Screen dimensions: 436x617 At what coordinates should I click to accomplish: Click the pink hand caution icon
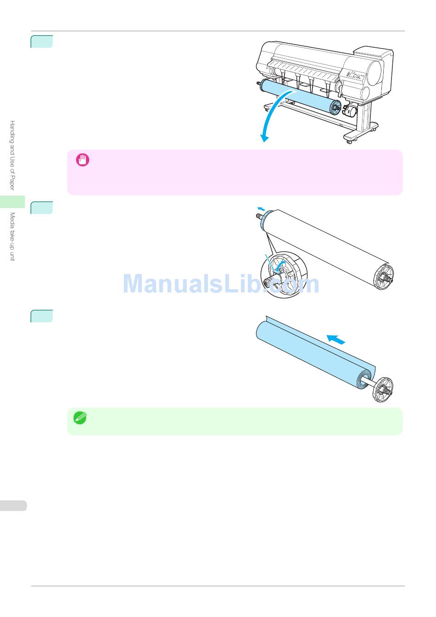click(x=82, y=160)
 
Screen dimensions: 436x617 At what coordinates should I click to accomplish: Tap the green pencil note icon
click(x=80, y=418)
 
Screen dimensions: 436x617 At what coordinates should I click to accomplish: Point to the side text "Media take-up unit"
click(x=12, y=236)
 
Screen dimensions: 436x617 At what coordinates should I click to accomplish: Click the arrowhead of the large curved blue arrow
click(x=264, y=137)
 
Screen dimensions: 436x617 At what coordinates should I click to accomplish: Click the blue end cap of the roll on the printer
click(x=335, y=107)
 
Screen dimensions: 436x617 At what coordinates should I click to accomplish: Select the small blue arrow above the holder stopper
click(x=260, y=208)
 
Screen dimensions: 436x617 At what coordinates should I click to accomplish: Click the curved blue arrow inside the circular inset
click(x=279, y=265)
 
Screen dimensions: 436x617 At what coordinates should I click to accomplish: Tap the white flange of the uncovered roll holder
click(x=384, y=278)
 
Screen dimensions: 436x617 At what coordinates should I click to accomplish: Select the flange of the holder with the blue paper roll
click(x=383, y=390)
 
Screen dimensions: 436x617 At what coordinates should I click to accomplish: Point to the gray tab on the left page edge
click(x=13, y=506)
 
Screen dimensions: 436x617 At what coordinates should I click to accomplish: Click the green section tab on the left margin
click(x=12, y=202)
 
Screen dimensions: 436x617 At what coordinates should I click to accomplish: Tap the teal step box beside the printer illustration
click(x=42, y=41)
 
